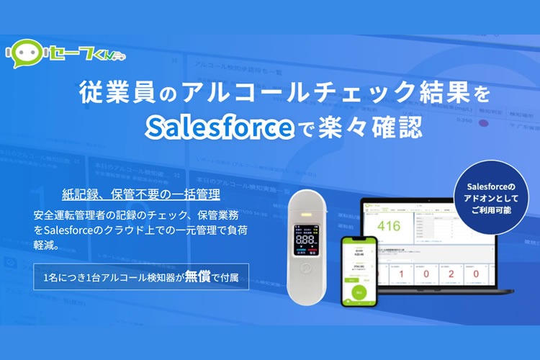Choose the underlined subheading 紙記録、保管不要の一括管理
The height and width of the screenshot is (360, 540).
pos(141,194)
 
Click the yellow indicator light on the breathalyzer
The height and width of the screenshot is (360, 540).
pos(305,214)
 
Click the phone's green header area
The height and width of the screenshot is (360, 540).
pos(360,242)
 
